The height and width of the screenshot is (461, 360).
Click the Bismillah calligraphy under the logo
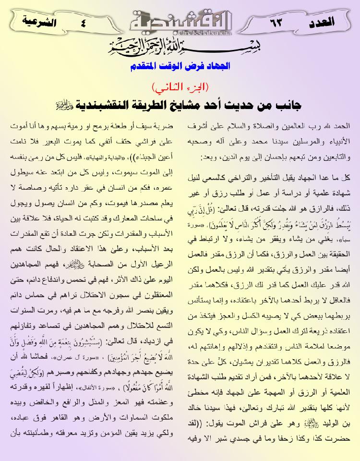tap(180, 50)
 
